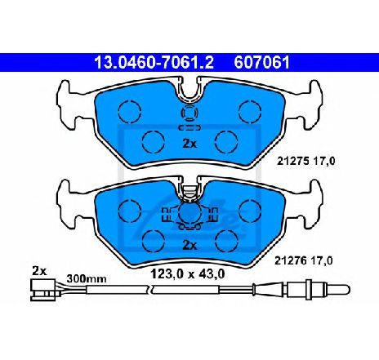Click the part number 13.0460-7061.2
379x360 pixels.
tap(154, 63)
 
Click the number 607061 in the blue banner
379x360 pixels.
tap(261, 63)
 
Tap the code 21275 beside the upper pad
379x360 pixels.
tap(292, 162)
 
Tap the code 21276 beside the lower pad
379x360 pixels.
tap(290, 261)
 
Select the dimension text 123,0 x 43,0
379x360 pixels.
tap(188, 274)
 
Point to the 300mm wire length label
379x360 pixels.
tap(87, 278)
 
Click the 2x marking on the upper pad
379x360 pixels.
tap(189, 144)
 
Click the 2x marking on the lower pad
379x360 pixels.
tap(189, 246)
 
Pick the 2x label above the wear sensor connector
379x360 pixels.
tap(39, 271)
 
